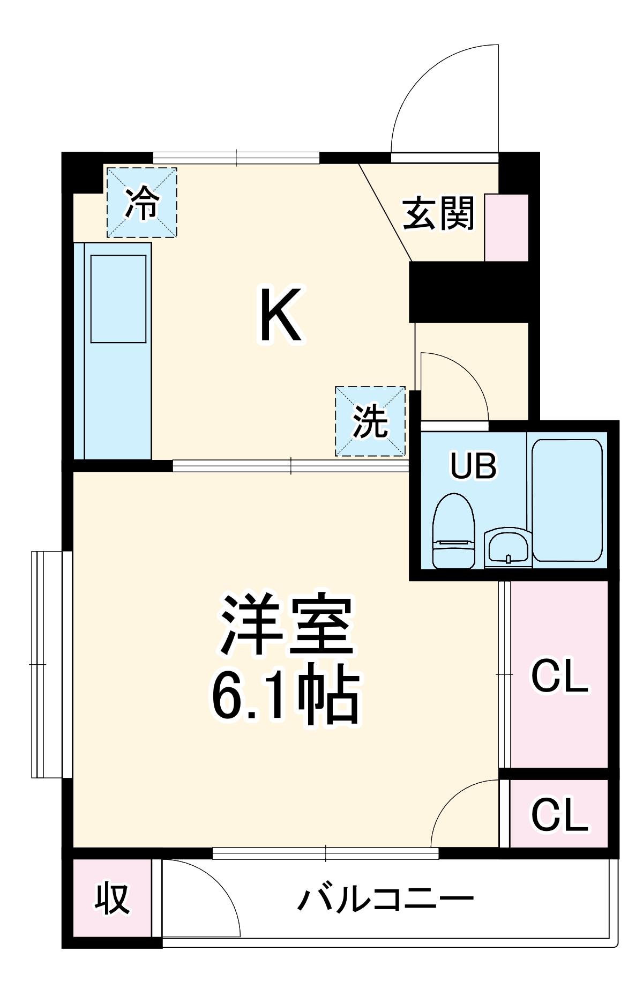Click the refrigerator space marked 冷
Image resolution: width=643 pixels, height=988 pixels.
[x=142, y=203]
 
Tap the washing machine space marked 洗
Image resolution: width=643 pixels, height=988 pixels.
[x=370, y=421]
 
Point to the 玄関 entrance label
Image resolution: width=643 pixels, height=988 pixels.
[x=439, y=213]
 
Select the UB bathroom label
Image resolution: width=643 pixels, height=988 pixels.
[x=474, y=465]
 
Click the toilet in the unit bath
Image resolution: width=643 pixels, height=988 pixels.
[x=453, y=531]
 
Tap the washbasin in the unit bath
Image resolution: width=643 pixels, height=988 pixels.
[x=507, y=548]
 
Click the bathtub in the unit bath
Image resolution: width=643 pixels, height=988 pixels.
[x=567, y=500]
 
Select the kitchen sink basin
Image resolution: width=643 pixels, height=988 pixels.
[x=118, y=299]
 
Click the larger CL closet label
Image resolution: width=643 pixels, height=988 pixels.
[x=559, y=677]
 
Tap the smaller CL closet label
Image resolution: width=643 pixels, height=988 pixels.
[x=559, y=815]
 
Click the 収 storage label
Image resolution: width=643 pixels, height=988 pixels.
[x=112, y=898]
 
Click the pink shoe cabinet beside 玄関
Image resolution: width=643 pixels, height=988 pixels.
[x=506, y=228]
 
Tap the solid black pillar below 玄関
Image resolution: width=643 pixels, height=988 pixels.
[x=469, y=292]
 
